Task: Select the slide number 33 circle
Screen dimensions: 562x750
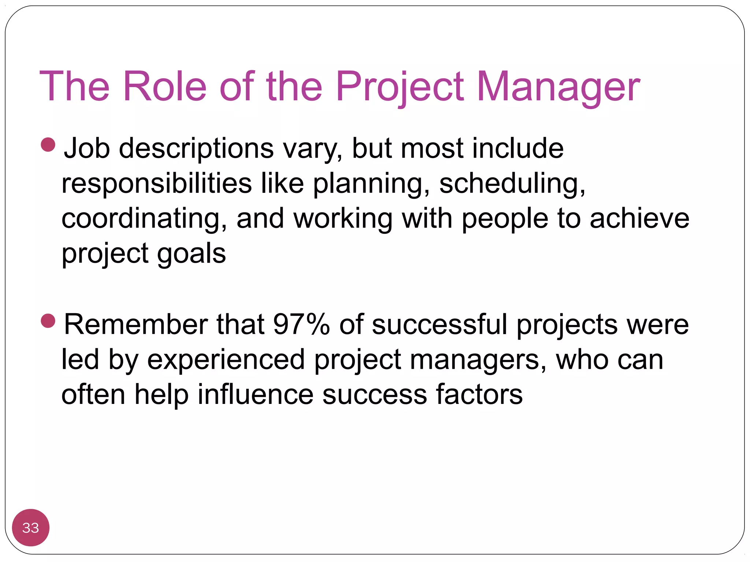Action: (x=31, y=528)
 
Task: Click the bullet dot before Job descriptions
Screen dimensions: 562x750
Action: (x=48, y=145)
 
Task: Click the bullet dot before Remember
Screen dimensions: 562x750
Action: (x=48, y=321)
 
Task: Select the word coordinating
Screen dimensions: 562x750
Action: (x=144, y=219)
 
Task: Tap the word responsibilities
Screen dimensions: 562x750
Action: (x=157, y=184)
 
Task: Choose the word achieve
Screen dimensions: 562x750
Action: (x=639, y=219)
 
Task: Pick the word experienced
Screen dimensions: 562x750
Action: (x=226, y=360)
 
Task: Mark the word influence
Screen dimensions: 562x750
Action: (x=255, y=394)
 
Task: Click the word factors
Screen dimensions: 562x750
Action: (x=479, y=394)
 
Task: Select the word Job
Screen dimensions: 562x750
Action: (x=87, y=149)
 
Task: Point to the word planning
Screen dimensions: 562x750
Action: (x=371, y=184)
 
